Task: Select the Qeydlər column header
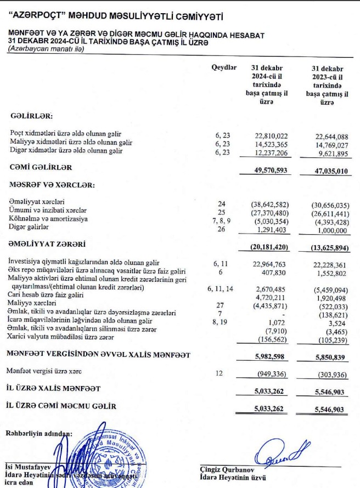pos(223,67)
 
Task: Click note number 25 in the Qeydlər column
pos(222,211)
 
